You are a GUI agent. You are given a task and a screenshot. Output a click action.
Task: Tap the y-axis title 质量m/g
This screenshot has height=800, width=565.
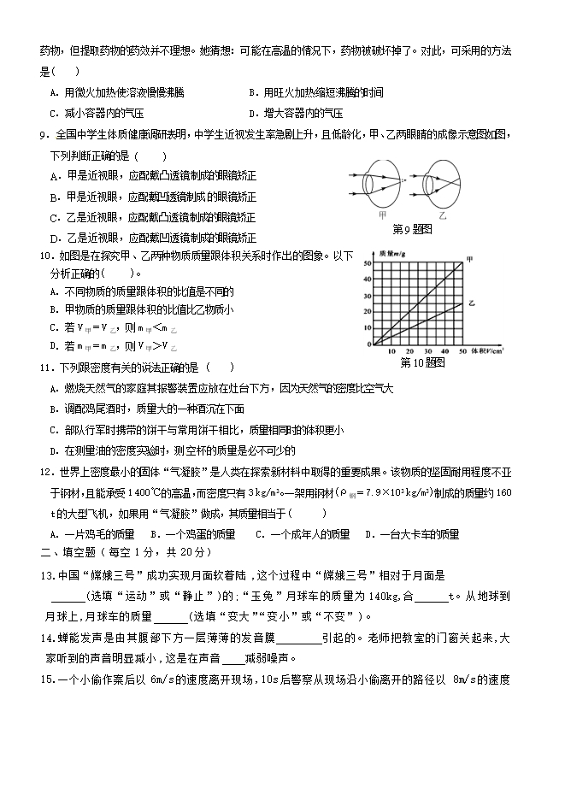[392, 254]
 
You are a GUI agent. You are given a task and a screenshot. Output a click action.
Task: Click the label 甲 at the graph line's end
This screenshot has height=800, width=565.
[469, 259]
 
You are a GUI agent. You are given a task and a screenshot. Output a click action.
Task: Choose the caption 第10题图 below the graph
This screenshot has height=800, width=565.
[423, 362]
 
